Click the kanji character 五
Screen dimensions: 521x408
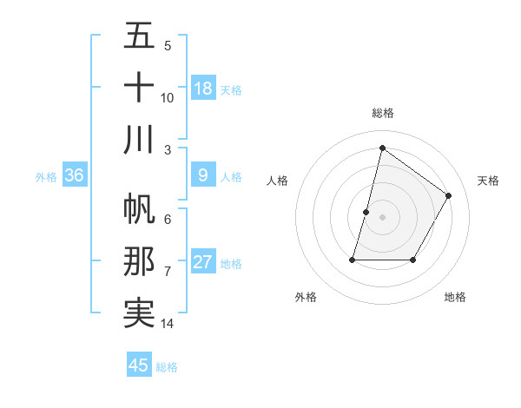coord(139,36)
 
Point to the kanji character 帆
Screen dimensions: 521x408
coord(139,209)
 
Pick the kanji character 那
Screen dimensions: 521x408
coord(139,261)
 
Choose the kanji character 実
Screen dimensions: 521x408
coord(139,313)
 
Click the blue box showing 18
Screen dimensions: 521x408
coord(203,89)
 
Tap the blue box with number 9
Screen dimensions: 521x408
coord(203,176)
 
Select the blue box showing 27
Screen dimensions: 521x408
coord(203,263)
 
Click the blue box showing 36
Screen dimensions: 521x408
coord(75,176)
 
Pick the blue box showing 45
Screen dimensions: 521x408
coord(139,365)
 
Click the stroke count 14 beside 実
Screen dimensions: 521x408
coord(168,324)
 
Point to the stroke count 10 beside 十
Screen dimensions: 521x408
coord(168,97)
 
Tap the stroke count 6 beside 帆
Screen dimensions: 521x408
coord(168,220)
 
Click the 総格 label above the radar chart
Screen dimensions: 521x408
coord(383,113)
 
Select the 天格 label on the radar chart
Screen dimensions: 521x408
coord(488,181)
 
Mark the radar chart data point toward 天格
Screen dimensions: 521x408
coord(449,195)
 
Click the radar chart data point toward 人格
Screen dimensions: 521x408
coord(366,212)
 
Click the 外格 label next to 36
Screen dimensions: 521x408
coord(46,177)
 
